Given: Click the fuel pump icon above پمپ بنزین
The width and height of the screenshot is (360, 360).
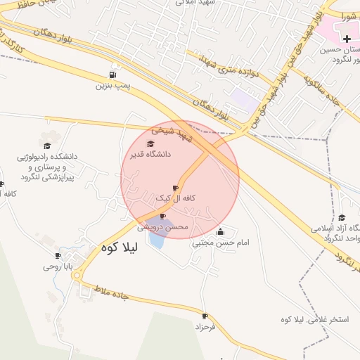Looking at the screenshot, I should pyautogui.click(x=112, y=75).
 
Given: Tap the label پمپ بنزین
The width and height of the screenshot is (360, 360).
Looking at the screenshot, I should pyautogui.click(x=112, y=86).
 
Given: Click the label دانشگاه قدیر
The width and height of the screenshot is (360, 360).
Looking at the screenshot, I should pyautogui.click(x=148, y=154).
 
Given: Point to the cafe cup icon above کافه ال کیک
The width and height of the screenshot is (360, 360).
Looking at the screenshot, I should pyautogui.click(x=175, y=188).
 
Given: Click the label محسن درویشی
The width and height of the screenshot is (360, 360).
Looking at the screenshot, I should pyautogui.click(x=162, y=227).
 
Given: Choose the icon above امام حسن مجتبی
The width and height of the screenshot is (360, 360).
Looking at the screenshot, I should pyautogui.click(x=221, y=232).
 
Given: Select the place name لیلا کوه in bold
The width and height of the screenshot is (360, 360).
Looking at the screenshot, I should pyautogui.click(x=121, y=247).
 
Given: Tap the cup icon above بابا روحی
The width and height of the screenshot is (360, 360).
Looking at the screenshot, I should pyautogui.click(x=58, y=256).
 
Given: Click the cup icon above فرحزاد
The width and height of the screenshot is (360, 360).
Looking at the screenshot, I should pyautogui.click(x=205, y=316).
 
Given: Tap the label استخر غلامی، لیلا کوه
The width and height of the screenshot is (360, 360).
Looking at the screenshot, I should pyautogui.click(x=314, y=320).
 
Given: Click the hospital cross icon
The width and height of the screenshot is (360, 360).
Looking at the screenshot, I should pyautogui.click(x=347, y=36).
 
